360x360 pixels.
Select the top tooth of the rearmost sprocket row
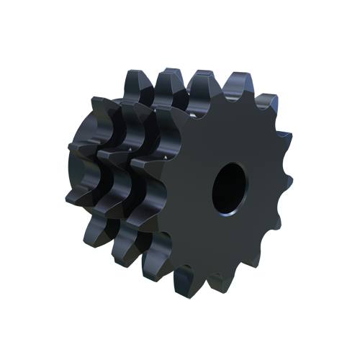tap(137, 80)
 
